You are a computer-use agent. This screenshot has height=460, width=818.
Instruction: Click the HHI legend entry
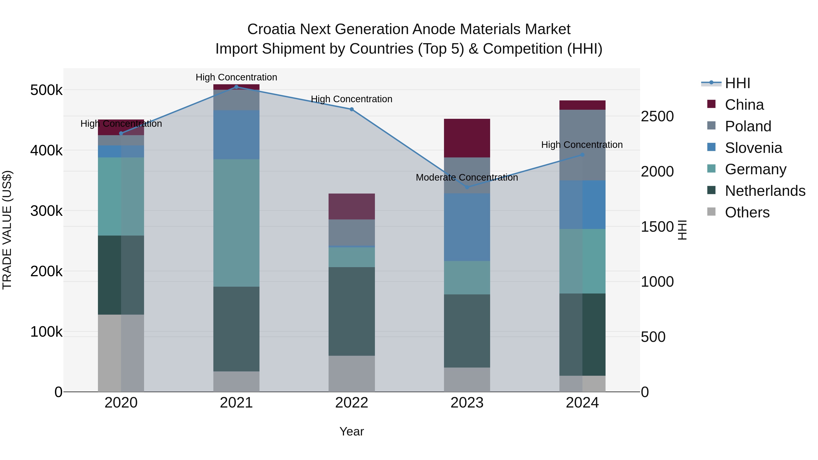(737, 83)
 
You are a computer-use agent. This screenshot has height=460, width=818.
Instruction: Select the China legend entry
(744, 105)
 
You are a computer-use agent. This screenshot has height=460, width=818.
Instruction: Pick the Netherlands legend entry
(765, 191)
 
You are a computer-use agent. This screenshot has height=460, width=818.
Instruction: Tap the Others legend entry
(747, 212)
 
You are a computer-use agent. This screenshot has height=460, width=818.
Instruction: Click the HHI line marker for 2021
(236, 87)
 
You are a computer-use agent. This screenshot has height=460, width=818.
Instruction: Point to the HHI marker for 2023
(467, 187)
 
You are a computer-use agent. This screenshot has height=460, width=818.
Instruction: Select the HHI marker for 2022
(352, 109)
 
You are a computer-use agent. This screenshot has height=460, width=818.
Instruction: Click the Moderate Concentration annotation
(466, 177)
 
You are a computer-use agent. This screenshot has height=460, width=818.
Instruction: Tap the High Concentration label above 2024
(582, 145)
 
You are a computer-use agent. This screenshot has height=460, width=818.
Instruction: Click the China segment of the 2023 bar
(467, 138)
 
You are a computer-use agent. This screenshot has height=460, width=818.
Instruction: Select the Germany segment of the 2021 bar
(236, 223)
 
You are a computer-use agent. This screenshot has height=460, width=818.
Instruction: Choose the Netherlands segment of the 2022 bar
(352, 311)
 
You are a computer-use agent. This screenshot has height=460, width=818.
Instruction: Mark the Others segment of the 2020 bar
(121, 353)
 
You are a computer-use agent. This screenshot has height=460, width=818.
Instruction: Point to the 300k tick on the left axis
(46, 211)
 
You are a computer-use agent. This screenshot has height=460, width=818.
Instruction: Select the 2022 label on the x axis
(352, 403)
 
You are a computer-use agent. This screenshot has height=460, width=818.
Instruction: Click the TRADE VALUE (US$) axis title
(7, 230)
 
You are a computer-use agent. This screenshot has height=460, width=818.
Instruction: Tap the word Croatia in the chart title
(272, 29)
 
